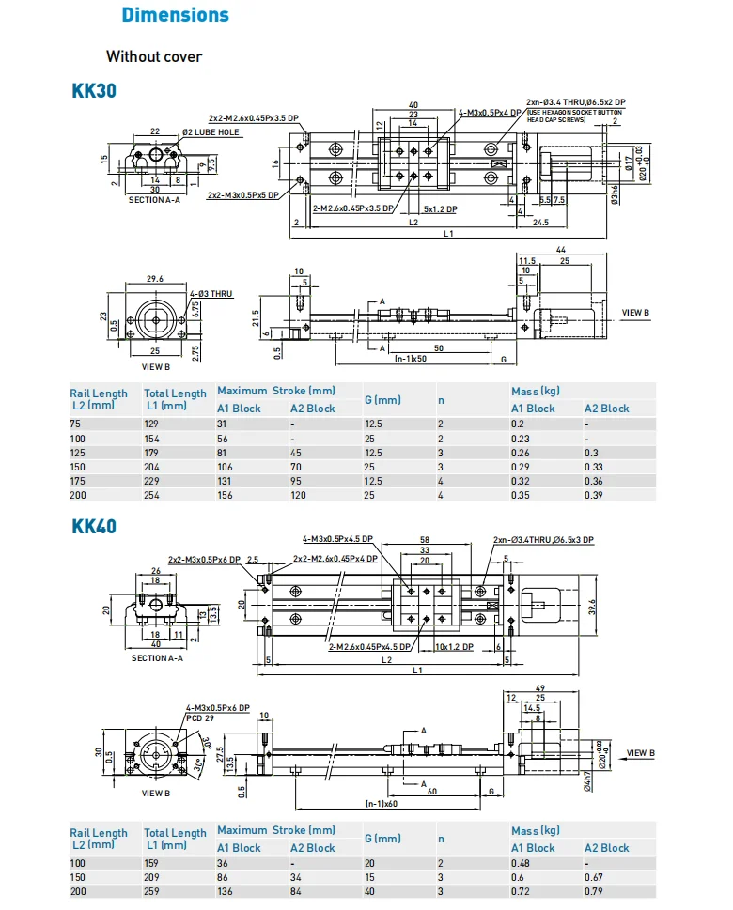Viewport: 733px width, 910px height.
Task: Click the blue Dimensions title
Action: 176,15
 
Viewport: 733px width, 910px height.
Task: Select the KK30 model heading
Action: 94,92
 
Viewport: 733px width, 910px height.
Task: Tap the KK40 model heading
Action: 94,526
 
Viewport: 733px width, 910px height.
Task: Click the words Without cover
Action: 154,56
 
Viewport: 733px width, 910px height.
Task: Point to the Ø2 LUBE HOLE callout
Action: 211,132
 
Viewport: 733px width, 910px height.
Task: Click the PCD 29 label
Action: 199,717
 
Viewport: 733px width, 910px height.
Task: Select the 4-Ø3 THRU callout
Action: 211,294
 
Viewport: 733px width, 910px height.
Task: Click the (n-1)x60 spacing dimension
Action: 382,804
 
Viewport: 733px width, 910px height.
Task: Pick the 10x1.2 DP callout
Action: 454,648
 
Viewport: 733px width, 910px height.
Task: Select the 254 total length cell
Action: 153,496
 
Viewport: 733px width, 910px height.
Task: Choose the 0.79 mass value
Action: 594,891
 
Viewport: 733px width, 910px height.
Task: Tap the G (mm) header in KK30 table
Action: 382,400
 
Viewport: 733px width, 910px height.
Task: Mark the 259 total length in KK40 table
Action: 153,891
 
